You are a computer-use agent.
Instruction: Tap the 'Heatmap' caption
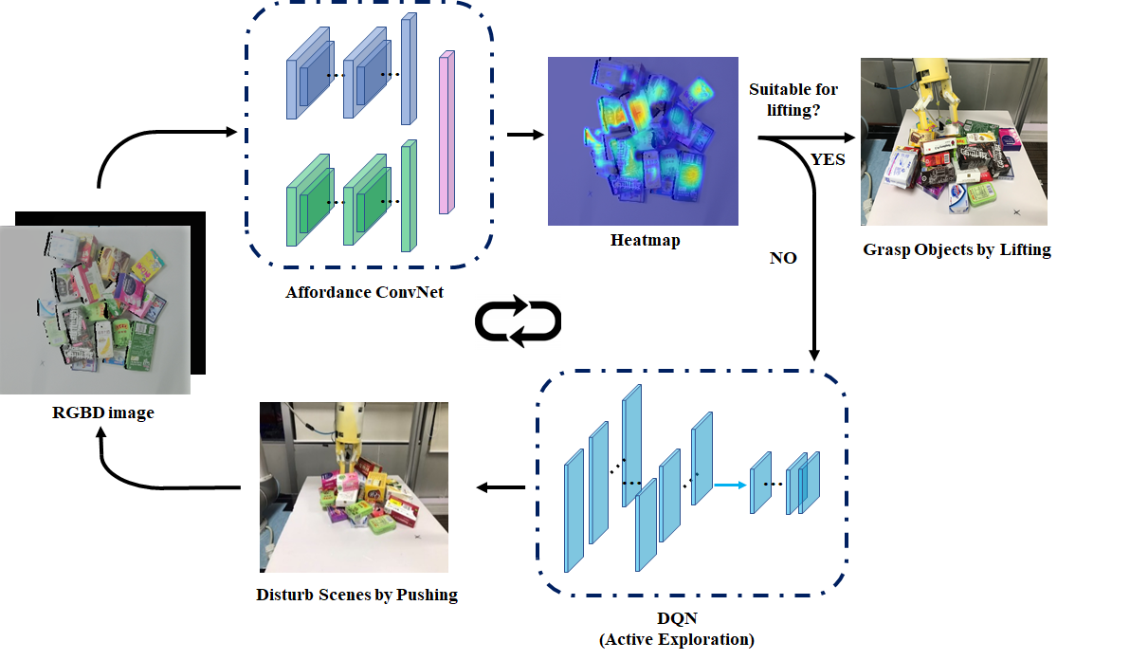(x=645, y=241)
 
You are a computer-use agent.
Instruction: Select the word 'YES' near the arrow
(x=828, y=159)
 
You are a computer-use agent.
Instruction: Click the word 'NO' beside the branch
(x=783, y=257)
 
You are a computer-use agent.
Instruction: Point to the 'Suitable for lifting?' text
(x=793, y=100)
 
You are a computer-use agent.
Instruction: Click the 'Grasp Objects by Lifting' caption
(x=957, y=251)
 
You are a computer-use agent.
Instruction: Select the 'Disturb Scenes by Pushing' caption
(x=356, y=596)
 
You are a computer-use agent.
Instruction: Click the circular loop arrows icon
(x=518, y=322)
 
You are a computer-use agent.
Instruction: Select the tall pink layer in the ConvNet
(x=447, y=135)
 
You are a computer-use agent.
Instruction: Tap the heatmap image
(x=645, y=140)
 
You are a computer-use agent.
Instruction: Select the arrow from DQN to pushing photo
(x=500, y=487)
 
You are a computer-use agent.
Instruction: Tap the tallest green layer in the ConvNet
(x=409, y=195)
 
